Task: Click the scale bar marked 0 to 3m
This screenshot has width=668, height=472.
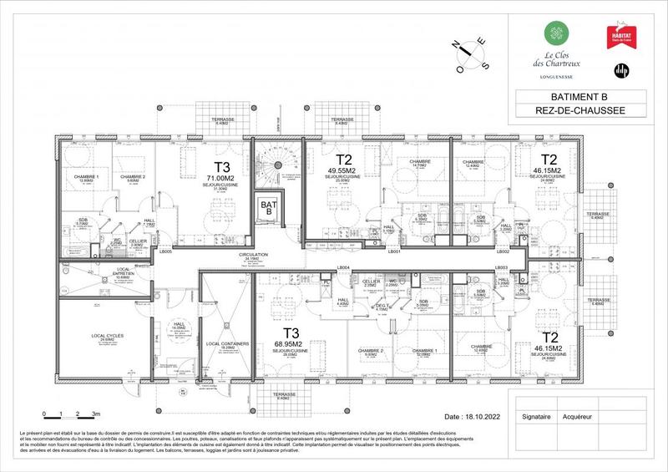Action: (x=72, y=414)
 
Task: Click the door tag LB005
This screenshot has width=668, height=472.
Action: (x=164, y=251)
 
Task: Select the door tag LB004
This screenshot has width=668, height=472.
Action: (x=342, y=267)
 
